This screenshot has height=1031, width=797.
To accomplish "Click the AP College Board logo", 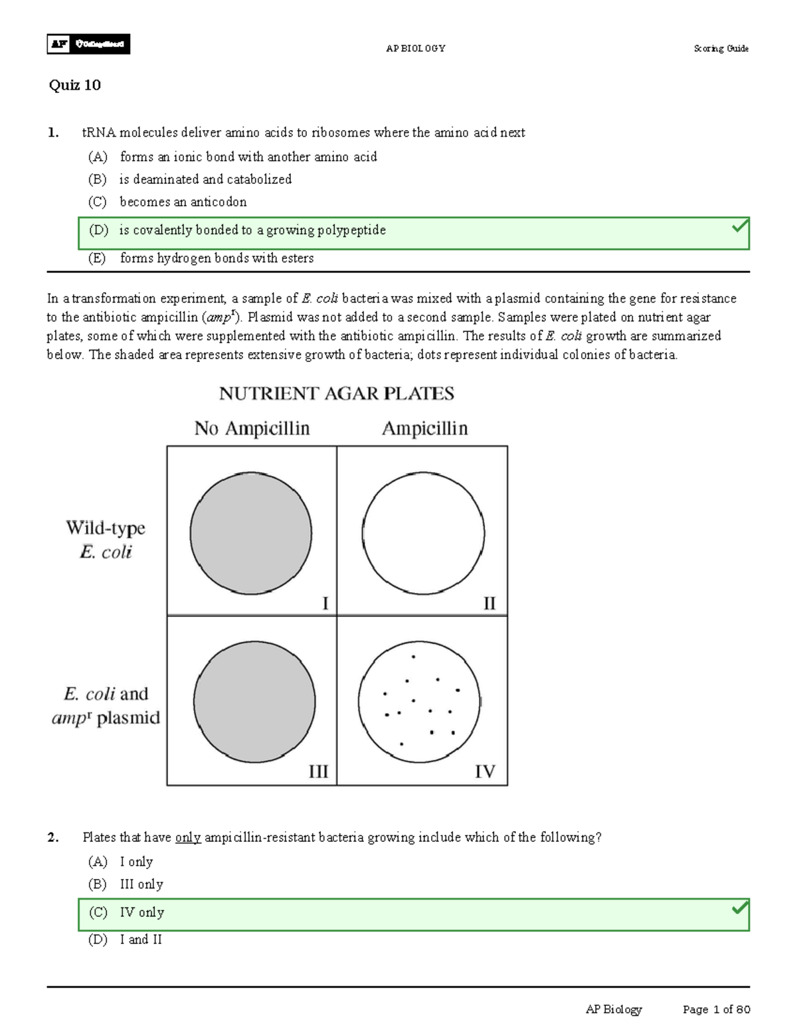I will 88,44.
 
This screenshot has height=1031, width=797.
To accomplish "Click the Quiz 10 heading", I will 74,85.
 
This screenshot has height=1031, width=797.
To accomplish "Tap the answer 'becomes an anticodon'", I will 183,202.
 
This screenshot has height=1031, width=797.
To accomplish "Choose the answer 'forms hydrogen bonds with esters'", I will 217,258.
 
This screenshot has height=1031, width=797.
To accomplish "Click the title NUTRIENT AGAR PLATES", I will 337,394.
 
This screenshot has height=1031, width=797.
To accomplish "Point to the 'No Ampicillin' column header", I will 252,429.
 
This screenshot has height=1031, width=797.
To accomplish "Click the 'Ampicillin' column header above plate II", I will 424,429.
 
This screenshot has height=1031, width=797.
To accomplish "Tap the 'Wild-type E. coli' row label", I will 106,540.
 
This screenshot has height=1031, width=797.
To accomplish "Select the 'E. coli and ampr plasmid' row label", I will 106,706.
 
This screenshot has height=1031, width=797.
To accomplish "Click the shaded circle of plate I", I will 250,533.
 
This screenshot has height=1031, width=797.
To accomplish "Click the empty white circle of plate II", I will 423,533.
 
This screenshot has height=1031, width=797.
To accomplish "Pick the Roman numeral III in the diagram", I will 318,771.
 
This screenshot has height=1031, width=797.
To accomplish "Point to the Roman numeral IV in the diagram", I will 485,771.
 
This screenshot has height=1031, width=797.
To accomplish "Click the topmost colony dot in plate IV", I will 413,657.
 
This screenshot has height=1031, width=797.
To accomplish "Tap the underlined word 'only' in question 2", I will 188,838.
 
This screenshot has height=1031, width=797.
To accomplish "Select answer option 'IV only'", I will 141,913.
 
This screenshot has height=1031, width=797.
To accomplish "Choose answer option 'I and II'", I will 141,939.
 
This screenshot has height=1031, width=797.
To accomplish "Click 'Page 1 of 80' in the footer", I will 716,1009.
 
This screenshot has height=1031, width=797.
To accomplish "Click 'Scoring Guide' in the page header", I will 721,48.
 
